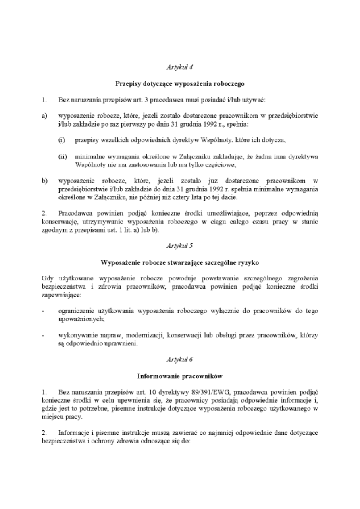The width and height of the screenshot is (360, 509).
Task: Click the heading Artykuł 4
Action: (180, 69)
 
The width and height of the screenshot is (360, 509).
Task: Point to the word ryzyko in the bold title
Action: (249, 262)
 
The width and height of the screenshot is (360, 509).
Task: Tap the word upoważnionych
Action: (82, 319)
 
